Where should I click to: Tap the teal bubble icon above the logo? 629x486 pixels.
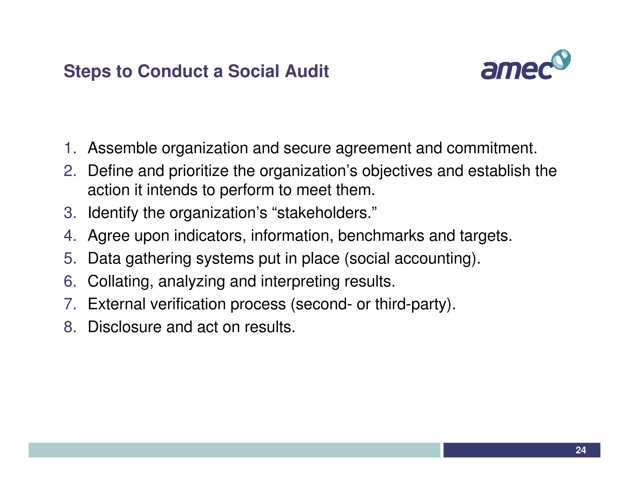(561, 60)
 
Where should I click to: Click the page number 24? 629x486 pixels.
(580, 450)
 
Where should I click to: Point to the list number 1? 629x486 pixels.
(70, 148)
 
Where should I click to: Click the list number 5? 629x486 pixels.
(70, 258)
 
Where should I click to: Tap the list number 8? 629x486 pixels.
(70, 327)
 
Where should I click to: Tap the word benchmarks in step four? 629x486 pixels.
(381, 236)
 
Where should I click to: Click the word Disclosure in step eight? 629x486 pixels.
(124, 327)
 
